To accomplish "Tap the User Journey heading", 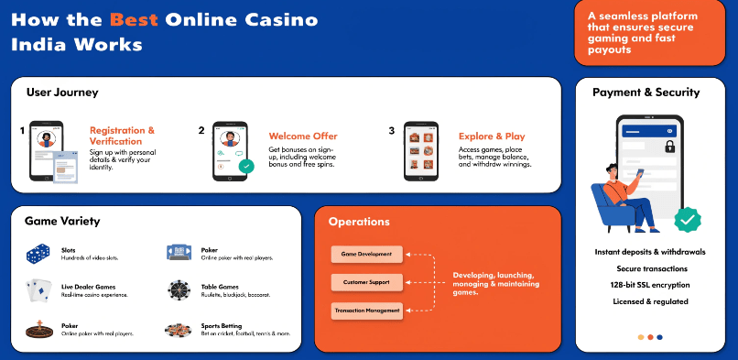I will (61, 93).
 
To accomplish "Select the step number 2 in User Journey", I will (201, 131).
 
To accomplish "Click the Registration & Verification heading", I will (122, 136).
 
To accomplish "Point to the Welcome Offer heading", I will (303, 136).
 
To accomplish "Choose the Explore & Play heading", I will (492, 136).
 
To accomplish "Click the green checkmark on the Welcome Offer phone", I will (245, 167).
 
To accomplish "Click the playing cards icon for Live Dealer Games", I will (38, 290).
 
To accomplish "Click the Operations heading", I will (359, 222).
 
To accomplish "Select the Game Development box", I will (366, 254).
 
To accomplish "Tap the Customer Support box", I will (366, 282).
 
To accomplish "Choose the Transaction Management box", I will (366, 311).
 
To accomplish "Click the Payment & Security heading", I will (646, 93).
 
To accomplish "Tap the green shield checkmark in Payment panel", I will (688, 220).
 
